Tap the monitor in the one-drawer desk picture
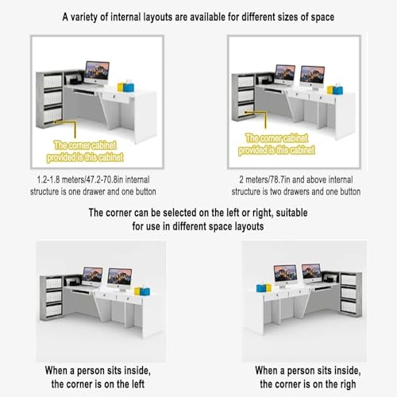tap(97, 73)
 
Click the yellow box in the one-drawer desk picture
tap(121, 87)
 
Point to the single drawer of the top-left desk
tap(116, 97)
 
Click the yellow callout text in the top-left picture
tap(85, 152)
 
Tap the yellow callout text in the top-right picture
tap(276, 145)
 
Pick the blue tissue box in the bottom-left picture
tap(145, 291)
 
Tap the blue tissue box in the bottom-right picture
tap(261, 287)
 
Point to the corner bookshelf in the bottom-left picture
tap(52, 298)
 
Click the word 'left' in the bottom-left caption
tap(137, 384)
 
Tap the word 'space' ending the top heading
tap(322, 17)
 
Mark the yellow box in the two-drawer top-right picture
tap(330, 90)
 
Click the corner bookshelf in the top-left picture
tap(49, 99)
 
